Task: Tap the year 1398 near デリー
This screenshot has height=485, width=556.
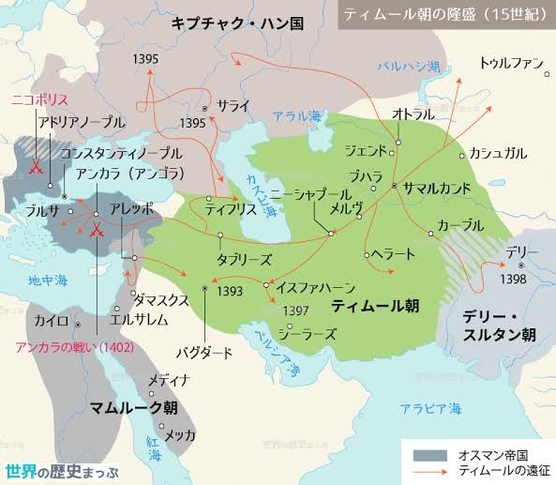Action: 511,279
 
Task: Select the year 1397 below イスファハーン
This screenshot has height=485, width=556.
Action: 295,311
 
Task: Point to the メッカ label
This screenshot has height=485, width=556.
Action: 180,435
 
